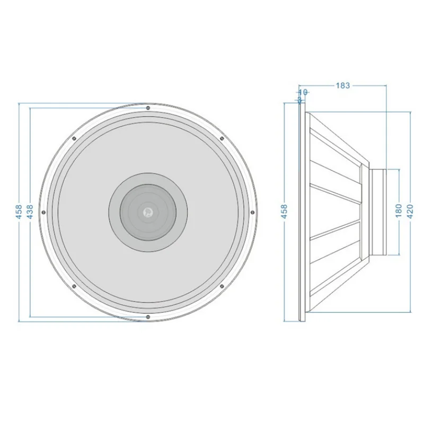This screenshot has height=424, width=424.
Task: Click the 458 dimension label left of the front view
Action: click(x=19, y=211)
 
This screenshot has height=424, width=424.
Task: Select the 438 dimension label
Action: click(x=30, y=211)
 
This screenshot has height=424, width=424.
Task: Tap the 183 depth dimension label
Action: click(x=343, y=85)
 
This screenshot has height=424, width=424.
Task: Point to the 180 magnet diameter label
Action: click(x=399, y=211)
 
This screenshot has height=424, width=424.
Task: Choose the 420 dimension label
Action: click(x=410, y=211)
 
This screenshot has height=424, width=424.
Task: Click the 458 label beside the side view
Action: click(x=284, y=211)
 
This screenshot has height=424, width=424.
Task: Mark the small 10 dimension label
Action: click(x=303, y=92)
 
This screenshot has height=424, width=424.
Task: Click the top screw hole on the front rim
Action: click(x=148, y=108)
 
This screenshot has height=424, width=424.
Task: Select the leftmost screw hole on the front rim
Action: click(x=44, y=212)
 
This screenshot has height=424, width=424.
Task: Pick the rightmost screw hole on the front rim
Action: click(x=252, y=212)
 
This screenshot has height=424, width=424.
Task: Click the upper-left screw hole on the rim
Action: click(x=74, y=139)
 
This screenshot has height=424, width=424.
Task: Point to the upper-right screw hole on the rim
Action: click(x=222, y=139)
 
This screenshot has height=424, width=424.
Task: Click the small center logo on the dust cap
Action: click(x=147, y=212)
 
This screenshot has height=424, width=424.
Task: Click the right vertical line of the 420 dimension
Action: click(x=411, y=159)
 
